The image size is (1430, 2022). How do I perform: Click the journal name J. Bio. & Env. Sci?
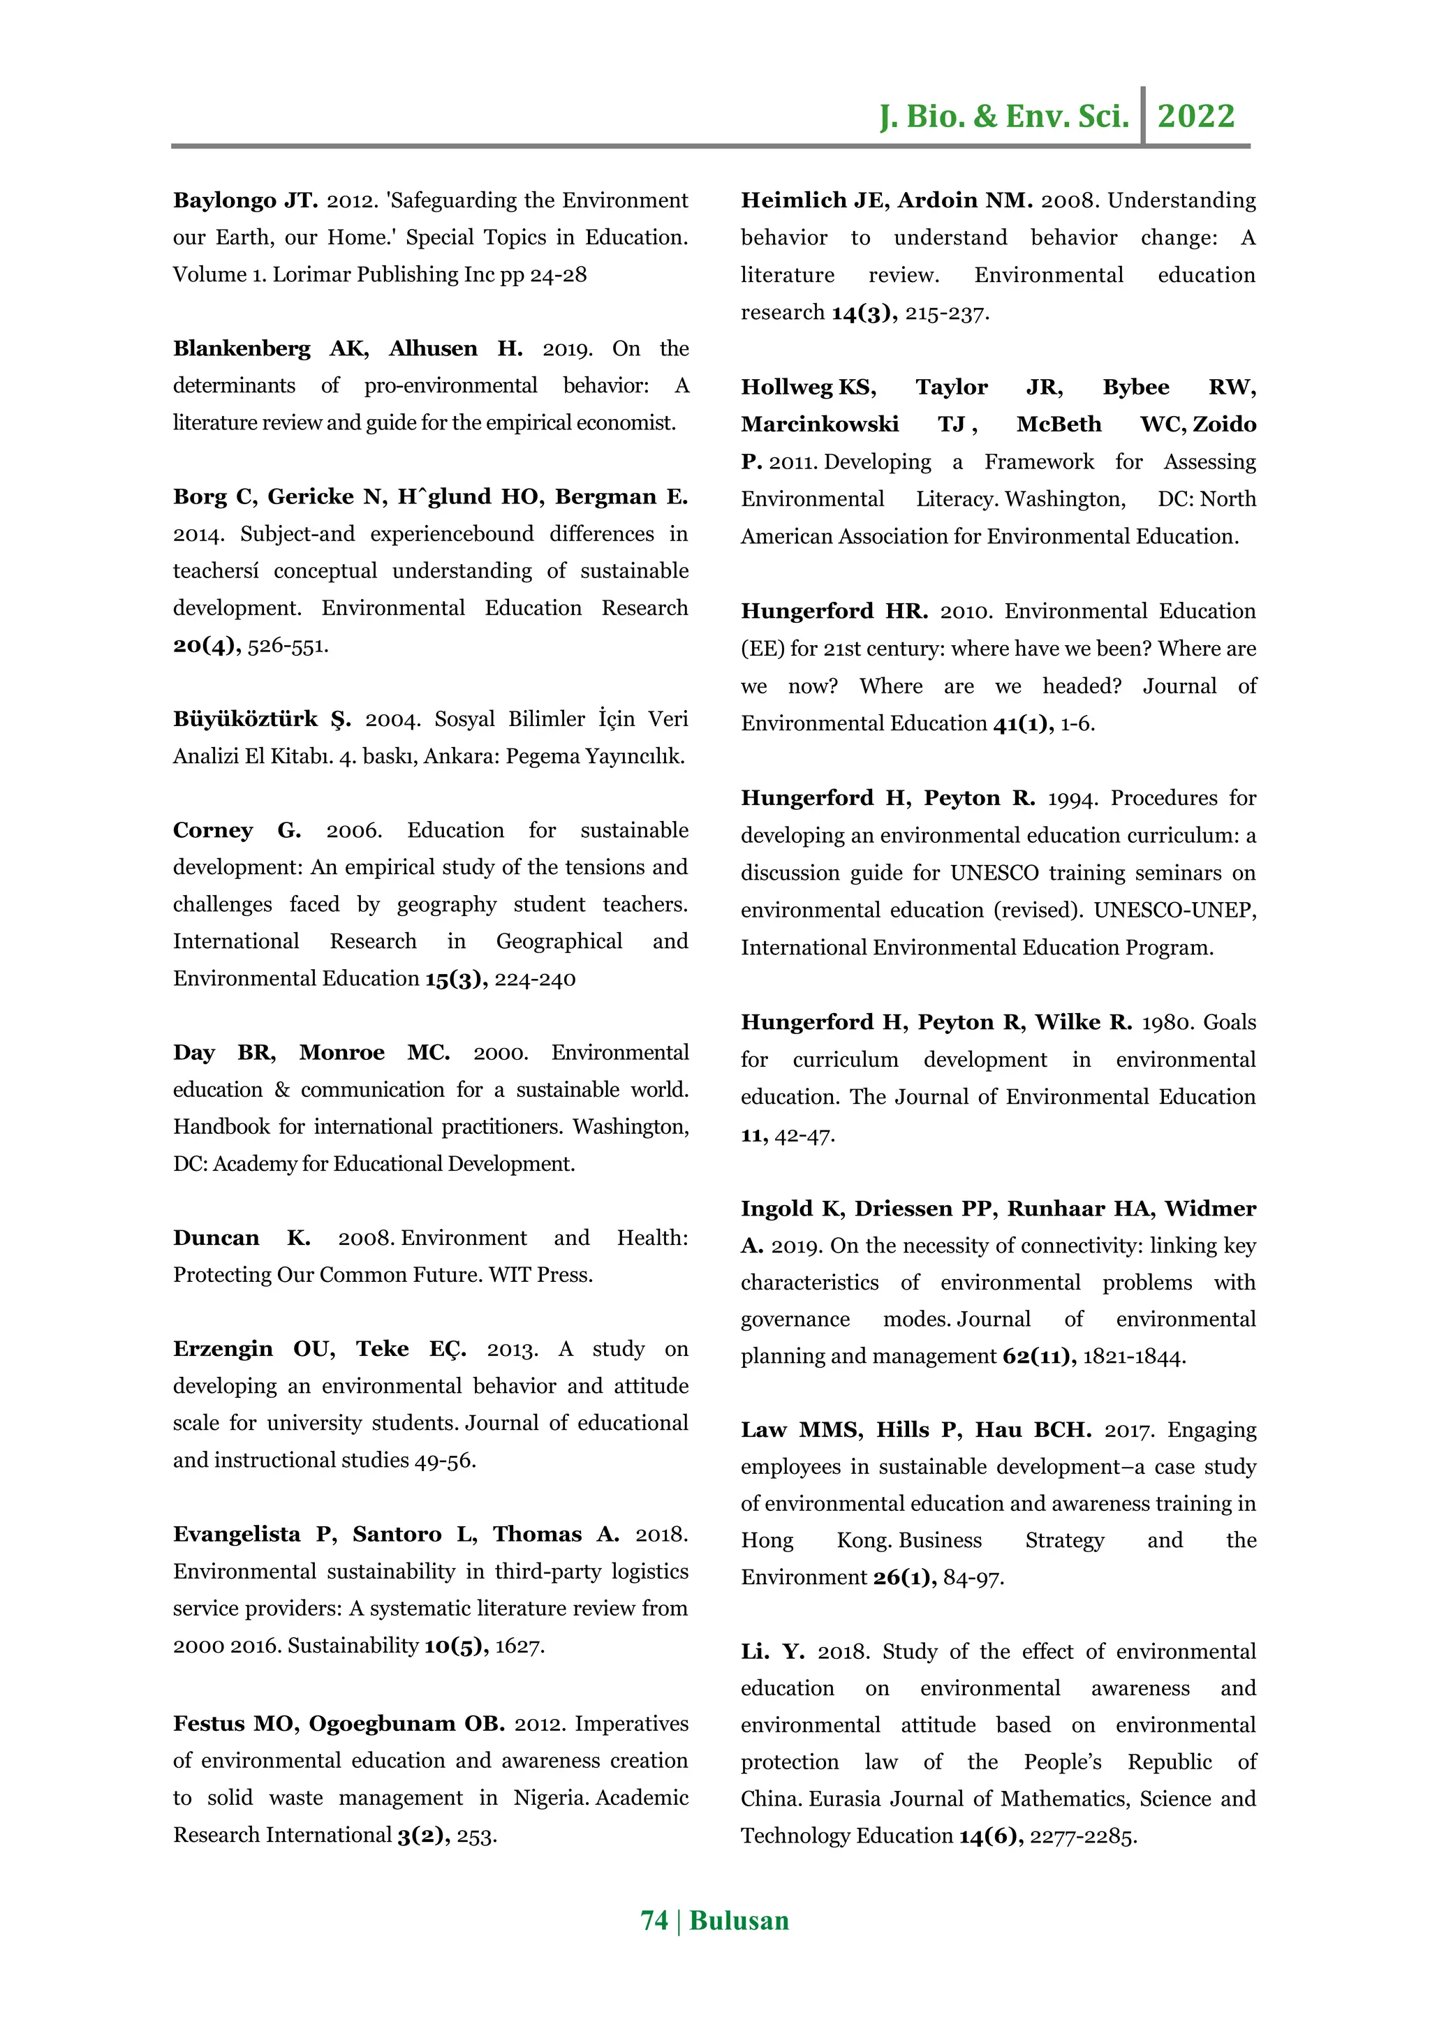1004,116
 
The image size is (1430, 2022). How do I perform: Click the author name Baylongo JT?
246,201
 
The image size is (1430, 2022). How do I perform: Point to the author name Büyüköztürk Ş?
262,720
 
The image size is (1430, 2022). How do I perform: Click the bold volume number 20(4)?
206,646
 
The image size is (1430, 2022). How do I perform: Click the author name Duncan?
216,1238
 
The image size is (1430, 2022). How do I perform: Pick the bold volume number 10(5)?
456,1646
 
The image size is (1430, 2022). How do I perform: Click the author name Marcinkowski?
819,425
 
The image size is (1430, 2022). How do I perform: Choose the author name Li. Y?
772,1652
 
